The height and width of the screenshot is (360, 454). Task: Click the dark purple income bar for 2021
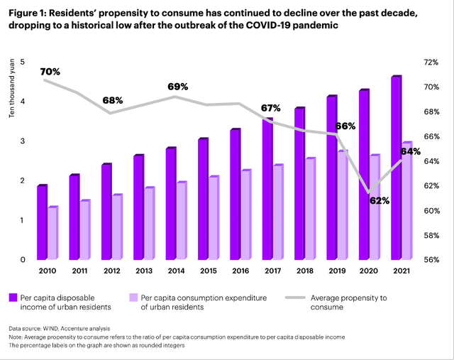click(x=395, y=168)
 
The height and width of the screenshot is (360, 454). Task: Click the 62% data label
click(x=380, y=200)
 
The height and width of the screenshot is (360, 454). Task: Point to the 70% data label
click(x=50, y=72)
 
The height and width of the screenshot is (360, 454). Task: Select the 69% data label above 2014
click(x=177, y=87)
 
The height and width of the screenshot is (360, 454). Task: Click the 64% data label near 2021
click(x=411, y=151)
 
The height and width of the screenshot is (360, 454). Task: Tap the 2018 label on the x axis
click(x=305, y=271)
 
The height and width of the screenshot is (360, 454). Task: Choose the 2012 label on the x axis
click(x=112, y=271)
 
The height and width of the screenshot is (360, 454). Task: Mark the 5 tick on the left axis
click(x=22, y=62)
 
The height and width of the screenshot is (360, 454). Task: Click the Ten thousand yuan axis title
click(x=11, y=92)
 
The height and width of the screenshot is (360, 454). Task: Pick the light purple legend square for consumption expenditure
click(x=131, y=297)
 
